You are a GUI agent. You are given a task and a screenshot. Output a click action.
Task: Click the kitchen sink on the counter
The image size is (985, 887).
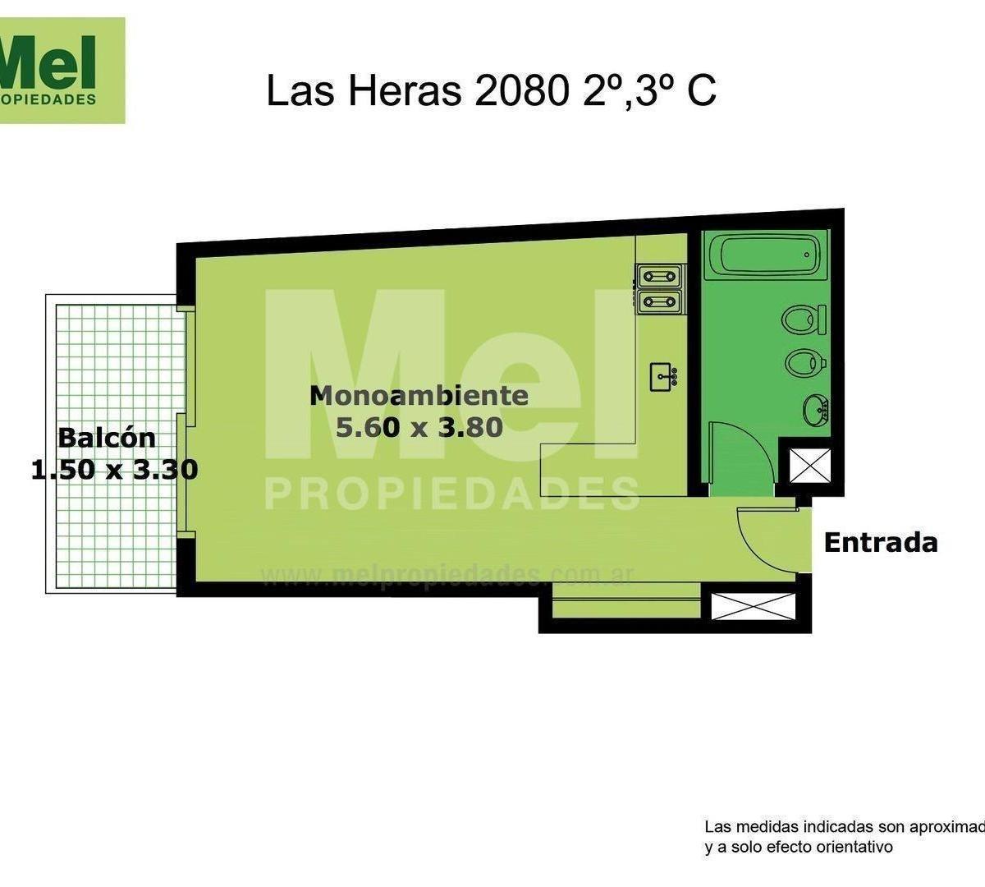(663, 378)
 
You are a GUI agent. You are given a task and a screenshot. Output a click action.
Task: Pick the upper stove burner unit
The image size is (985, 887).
(660, 275)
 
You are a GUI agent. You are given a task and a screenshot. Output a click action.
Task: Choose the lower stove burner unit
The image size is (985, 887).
(660, 301)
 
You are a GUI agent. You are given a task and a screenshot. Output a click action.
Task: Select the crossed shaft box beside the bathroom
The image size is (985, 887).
(803, 466)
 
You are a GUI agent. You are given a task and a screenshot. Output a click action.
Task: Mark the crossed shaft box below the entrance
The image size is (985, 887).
(754, 606)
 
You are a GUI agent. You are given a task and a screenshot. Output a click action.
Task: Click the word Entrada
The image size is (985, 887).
(880, 543)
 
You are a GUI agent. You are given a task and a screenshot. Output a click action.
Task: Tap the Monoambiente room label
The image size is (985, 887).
(419, 396)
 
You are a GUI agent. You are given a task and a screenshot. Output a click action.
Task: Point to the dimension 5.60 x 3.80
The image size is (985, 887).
(419, 427)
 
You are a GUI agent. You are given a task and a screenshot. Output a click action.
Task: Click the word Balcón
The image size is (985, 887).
(107, 437)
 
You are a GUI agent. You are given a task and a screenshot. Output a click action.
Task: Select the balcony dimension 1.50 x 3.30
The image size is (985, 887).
(114, 470)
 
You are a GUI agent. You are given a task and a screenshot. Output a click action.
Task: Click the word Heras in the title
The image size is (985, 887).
(404, 91)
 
